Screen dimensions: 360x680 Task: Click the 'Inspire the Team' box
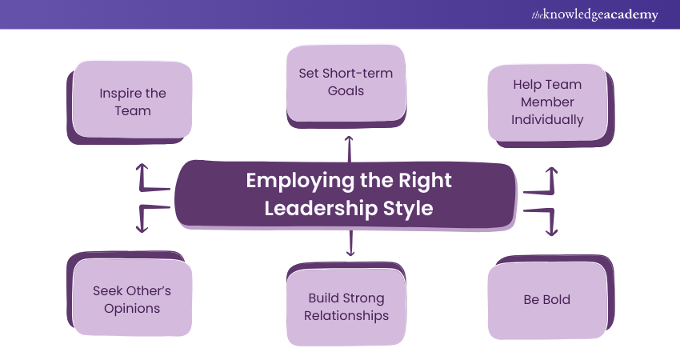(133, 102)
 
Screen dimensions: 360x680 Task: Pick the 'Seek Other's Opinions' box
(132, 299)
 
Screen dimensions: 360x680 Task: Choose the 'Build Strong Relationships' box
(346, 306)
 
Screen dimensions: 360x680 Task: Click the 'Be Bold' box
(547, 300)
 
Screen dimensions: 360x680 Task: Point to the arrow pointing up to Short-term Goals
(348, 148)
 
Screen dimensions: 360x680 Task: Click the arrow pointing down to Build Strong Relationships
(350, 242)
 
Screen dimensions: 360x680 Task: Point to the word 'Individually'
(547, 119)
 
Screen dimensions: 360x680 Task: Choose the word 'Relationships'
(346, 315)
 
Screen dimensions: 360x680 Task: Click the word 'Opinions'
(132, 308)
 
